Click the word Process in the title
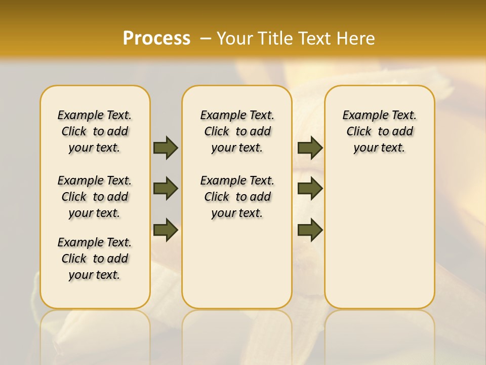pyautogui.click(x=156, y=38)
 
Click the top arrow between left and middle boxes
pyautogui.click(x=166, y=148)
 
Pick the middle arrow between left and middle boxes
pyautogui.click(x=166, y=189)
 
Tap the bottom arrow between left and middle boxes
pyautogui.click(x=166, y=230)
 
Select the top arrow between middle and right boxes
pyautogui.click(x=310, y=148)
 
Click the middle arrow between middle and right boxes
pyautogui.click(x=310, y=189)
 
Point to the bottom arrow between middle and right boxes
pyautogui.click(x=310, y=230)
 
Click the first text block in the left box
pyautogui.click(x=95, y=131)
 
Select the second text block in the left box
pyautogui.click(x=95, y=197)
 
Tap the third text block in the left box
pyautogui.click(x=95, y=259)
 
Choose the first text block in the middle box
pyautogui.click(x=237, y=131)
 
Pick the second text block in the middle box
pyautogui.click(x=237, y=197)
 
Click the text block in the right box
pyautogui.click(x=380, y=131)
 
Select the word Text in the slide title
pyautogui.click(x=311, y=38)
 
